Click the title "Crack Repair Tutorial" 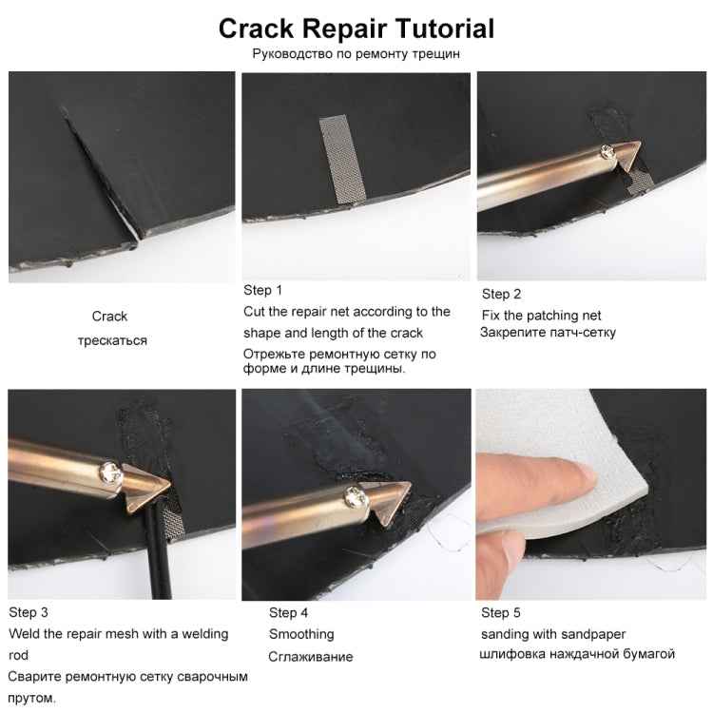(356, 28)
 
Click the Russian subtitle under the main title (356, 53)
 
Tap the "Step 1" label (263, 290)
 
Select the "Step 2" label (501, 294)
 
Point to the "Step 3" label (29, 612)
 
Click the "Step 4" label (288, 613)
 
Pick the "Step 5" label (501, 613)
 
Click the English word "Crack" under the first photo (109, 317)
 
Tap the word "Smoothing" (301, 634)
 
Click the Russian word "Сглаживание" (311, 656)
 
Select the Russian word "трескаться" (112, 340)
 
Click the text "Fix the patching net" (541, 316)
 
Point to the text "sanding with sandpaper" (553, 634)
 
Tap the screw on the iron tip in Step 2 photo (607, 149)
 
